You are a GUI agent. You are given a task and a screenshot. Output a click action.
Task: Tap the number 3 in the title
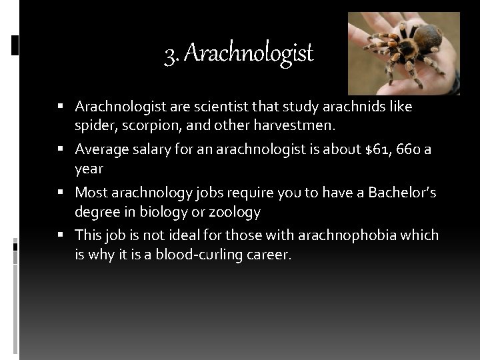pos(169,53)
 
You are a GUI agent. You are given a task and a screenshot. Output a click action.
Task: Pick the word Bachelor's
pos(395,193)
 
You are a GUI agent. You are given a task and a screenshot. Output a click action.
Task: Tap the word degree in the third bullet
pos(95,211)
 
